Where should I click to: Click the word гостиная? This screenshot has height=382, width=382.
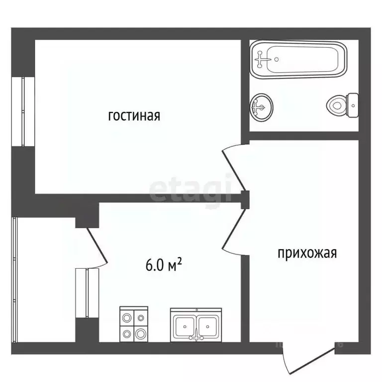(134, 116)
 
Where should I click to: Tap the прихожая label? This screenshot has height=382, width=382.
(307, 253)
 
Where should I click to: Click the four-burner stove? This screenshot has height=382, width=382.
(134, 324)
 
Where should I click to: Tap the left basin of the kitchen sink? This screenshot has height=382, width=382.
(185, 326)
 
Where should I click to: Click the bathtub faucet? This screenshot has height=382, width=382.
(262, 59)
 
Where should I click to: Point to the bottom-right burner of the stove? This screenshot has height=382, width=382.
(141, 332)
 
